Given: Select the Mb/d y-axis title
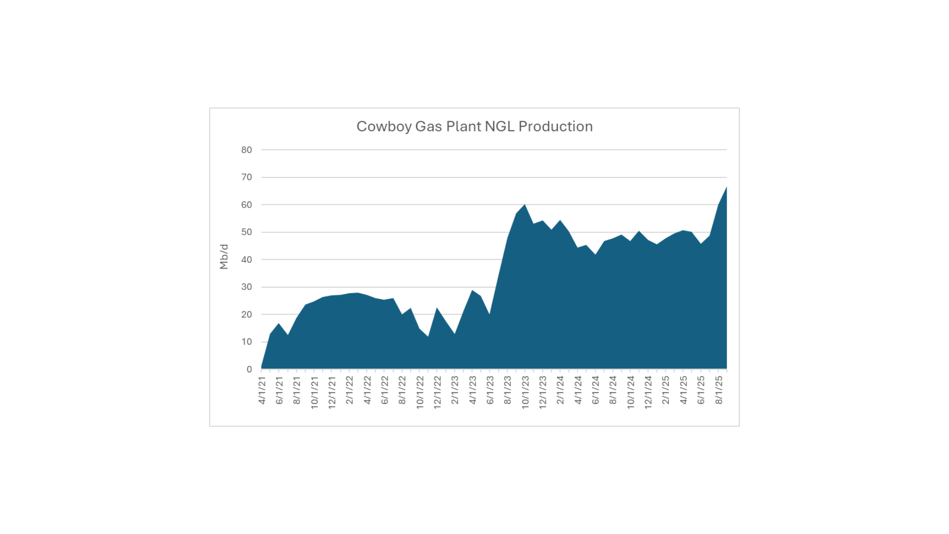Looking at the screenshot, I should (x=224, y=257).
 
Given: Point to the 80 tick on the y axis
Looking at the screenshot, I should (x=246, y=150).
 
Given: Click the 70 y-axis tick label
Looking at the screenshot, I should (x=246, y=177).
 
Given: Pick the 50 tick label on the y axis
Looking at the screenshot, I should (x=246, y=232).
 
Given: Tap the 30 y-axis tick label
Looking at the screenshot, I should (x=246, y=287).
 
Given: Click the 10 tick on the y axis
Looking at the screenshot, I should (x=246, y=342).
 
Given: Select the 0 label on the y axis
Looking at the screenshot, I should (x=249, y=369).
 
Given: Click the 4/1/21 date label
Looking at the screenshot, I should (x=262, y=391).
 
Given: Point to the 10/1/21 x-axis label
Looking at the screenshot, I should (x=314, y=392).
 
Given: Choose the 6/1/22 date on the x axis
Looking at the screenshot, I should (x=385, y=391).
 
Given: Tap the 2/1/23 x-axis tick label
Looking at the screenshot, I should (x=455, y=391).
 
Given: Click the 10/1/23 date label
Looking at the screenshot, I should (x=525, y=392).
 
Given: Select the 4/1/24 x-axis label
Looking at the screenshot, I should (x=578, y=391).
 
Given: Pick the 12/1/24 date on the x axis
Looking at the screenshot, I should (x=648, y=392).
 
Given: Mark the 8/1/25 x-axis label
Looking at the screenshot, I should (x=719, y=391).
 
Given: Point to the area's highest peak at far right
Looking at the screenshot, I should (x=726, y=187).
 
